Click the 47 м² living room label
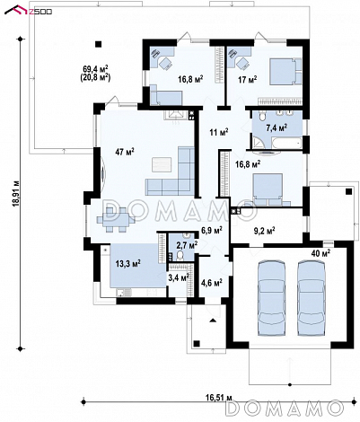[x=125, y=152]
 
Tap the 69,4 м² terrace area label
[x=95, y=69]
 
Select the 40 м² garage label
[x=320, y=253]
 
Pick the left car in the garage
[x=271, y=298]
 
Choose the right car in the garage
[x=311, y=298]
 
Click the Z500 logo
[x=28, y=11]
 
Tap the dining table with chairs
[x=116, y=220]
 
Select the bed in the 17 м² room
[x=286, y=72]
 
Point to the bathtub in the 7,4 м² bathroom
[x=286, y=143]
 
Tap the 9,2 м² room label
[x=265, y=231]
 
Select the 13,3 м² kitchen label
[x=128, y=264]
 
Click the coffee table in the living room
[x=162, y=164]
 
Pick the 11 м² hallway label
[x=219, y=132]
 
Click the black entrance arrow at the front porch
[x=213, y=321]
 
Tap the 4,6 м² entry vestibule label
[x=211, y=282]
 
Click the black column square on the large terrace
[x=98, y=44]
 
